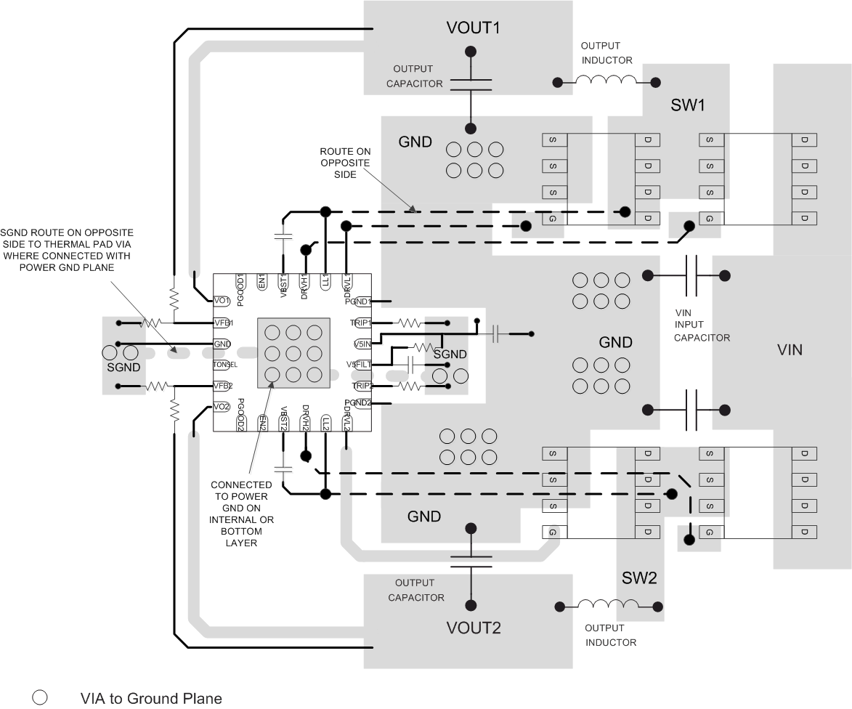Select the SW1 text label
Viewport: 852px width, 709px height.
tap(687, 105)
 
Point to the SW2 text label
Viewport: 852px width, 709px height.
tap(639, 578)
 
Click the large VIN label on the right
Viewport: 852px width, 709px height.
tap(790, 349)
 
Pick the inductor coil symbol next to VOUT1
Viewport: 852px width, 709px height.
tap(605, 81)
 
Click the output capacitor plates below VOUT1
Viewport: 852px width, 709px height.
tap(471, 84)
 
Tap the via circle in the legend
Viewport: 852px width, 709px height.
tap(40, 697)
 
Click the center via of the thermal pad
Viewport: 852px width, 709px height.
tap(293, 354)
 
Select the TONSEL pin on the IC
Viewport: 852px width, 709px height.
tap(225, 365)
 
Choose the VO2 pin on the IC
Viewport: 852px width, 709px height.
tap(222, 407)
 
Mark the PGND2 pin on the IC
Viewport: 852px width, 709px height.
tap(358, 402)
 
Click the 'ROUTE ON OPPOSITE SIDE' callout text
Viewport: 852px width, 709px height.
tap(344, 164)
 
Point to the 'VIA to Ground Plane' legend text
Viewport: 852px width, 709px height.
tap(150, 698)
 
